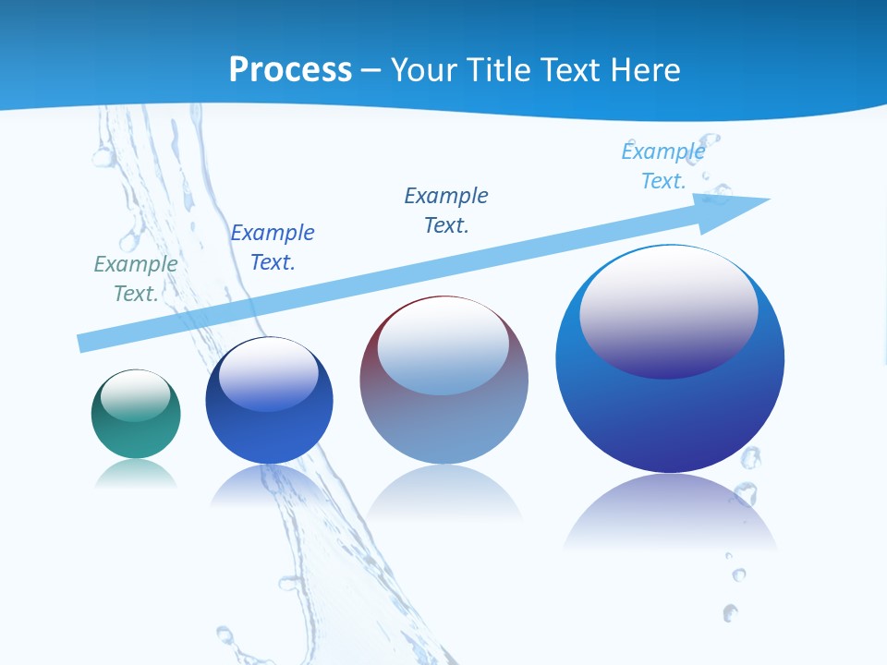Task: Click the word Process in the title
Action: (290, 69)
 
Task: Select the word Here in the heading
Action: (647, 69)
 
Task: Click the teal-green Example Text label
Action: (136, 279)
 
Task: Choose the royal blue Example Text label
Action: (273, 248)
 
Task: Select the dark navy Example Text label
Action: (446, 211)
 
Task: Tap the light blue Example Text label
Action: (663, 166)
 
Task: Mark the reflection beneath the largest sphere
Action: (670, 508)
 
